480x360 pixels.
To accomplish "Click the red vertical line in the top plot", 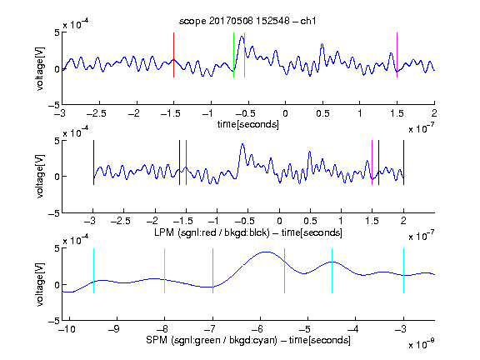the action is coord(173,55).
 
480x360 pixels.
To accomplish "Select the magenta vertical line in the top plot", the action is coord(397,55).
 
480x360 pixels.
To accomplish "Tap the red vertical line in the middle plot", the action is coord(186,162).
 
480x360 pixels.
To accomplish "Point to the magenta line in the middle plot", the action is coord(372,162).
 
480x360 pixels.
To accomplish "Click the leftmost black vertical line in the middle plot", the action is coord(93,162).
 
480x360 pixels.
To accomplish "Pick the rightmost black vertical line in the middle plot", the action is coord(404,162).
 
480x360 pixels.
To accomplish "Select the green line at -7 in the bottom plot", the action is coord(212,271).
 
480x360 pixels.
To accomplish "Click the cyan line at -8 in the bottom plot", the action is coord(165,271).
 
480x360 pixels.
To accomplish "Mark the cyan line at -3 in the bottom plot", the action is coord(404,271).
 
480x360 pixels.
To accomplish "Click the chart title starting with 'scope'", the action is coord(247,21).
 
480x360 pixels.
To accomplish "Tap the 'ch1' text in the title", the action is coord(308,21).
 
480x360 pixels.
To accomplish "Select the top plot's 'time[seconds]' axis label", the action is coord(248,124).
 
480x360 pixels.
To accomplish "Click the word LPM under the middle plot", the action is coord(164,232).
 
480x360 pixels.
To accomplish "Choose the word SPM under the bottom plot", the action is coord(157,340).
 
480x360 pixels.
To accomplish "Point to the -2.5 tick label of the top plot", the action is coord(97,113).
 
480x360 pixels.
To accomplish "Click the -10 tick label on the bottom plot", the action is coord(68,329).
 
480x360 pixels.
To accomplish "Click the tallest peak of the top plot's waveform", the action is coord(242,36).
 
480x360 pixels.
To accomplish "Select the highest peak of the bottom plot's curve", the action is coord(267,252).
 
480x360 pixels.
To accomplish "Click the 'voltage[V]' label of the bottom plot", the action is coord(40,284).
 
